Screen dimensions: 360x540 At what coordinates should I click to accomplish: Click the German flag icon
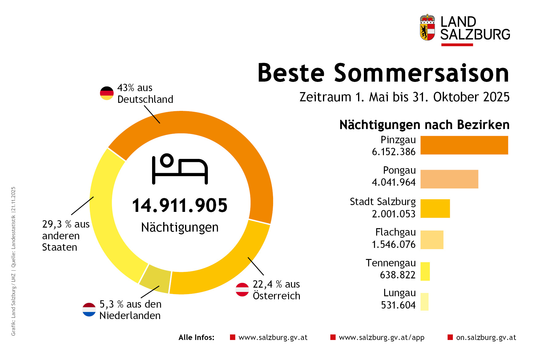(x=107, y=93)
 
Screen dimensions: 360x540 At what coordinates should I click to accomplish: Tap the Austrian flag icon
(x=242, y=289)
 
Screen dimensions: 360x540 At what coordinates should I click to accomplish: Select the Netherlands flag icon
(x=89, y=309)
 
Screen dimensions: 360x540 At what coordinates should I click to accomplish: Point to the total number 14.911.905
(x=180, y=206)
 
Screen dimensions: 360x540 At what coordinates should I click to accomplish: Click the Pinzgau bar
(x=464, y=145)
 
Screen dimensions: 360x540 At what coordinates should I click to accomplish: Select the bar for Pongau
(x=449, y=179)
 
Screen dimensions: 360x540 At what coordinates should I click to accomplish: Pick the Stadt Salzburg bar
(x=435, y=208)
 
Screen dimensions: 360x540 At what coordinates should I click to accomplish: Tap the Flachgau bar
(x=432, y=240)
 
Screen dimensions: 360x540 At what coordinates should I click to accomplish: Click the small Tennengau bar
(x=425, y=271)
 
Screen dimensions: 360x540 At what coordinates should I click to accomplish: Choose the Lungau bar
(x=424, y=301)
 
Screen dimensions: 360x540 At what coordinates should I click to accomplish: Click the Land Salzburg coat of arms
(x=427, y=28)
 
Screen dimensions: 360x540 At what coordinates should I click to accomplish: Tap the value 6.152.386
(x=393, y=152)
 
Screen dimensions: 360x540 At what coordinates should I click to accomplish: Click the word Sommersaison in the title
(x=421, y=73)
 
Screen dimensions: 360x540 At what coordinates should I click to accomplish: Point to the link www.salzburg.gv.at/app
(x=381, y=338)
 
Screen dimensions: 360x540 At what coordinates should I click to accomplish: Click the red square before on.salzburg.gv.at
(x=450, y=337)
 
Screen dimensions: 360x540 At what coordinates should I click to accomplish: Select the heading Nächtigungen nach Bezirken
(x=424, y=125)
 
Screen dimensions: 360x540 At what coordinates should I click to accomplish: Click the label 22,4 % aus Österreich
(x=276, y=290)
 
